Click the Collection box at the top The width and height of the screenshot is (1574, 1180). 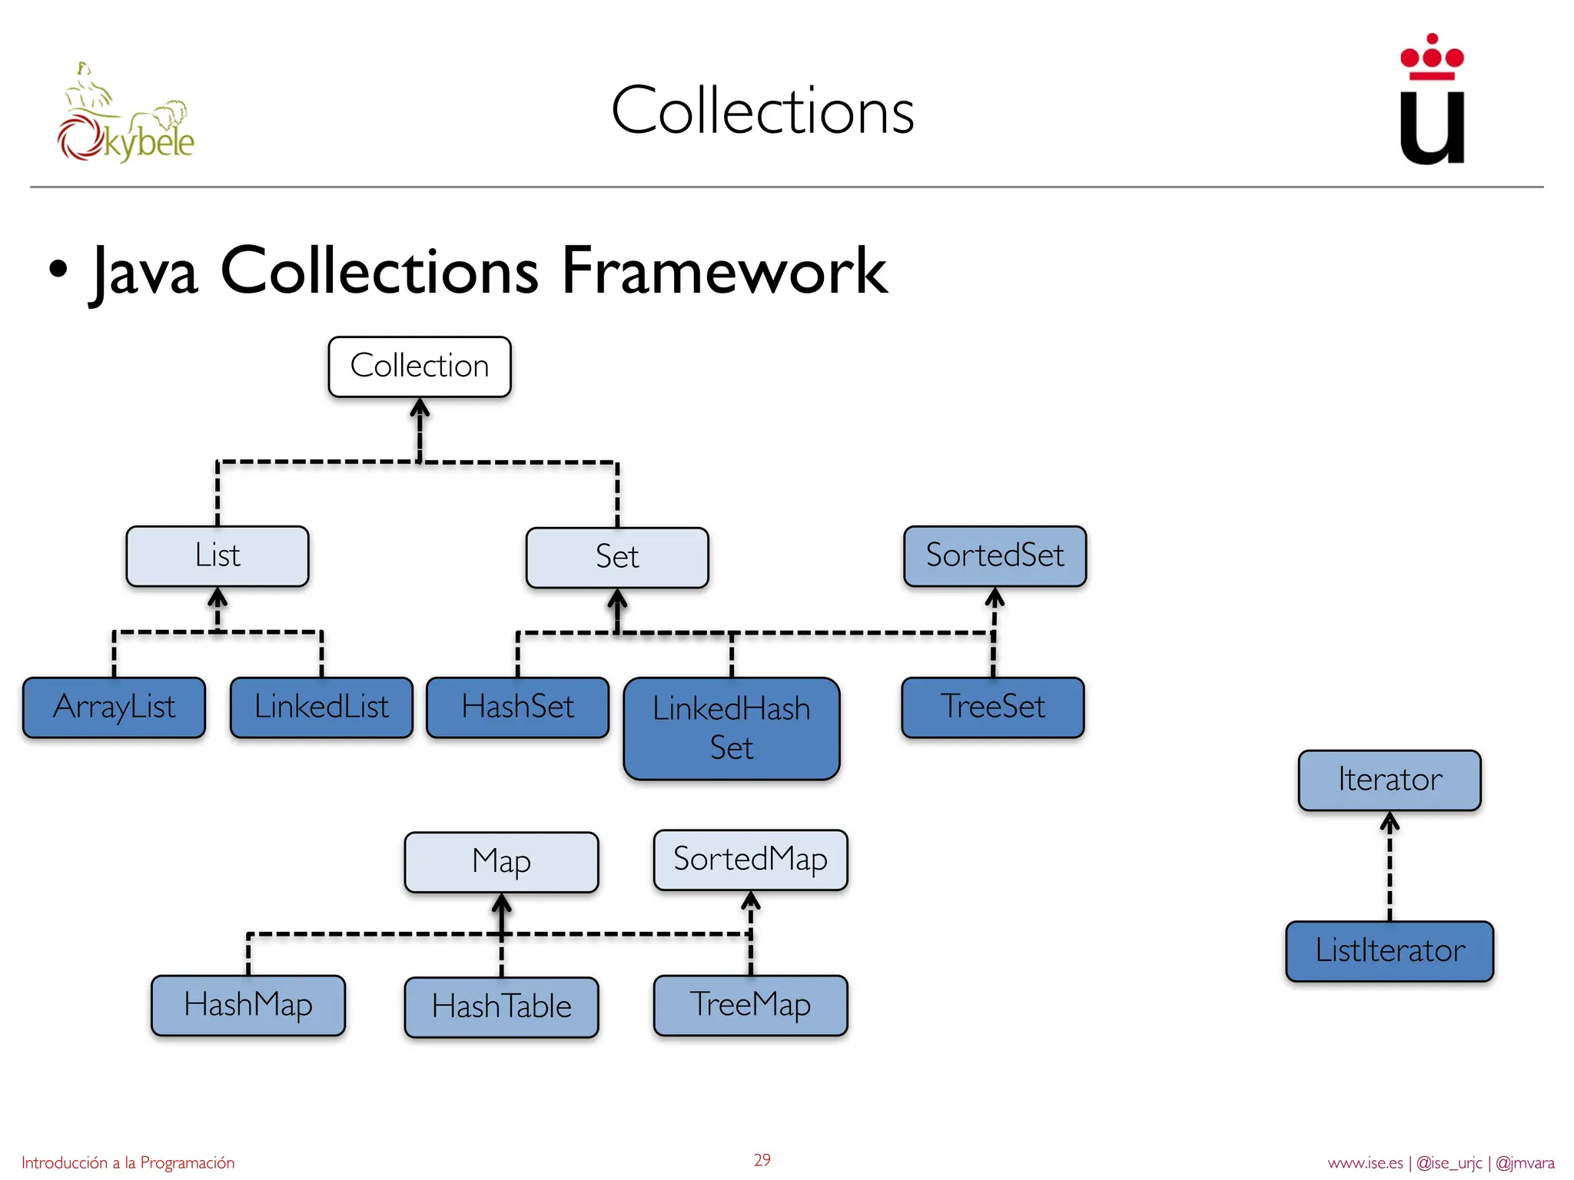pos(420,366)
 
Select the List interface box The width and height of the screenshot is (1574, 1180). pos(218,555)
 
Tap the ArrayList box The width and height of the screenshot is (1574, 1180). pos(115,707)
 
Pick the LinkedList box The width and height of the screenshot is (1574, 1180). pos(321,707)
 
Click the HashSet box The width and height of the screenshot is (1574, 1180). pos(517,707)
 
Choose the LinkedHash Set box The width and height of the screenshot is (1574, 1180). pos(732,728)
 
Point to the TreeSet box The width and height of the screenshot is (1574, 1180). pos(993,707)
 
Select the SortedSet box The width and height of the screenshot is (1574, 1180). pos(995,555)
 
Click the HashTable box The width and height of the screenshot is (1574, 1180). pos(501,1006)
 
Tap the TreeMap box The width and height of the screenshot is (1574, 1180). pos(750,1005)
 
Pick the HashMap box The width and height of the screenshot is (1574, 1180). pos(248,1005)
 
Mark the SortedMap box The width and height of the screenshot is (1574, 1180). pos(750,859)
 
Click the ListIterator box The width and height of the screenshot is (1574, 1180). pos(1390,950)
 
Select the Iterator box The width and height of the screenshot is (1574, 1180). pos(1390,780)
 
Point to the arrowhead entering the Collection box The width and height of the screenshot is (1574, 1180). pos(420,407)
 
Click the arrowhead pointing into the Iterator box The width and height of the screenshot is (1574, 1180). pos(1390,822)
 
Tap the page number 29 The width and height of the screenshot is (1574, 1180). pos(762,1160)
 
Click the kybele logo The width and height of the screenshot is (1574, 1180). pos(126,115)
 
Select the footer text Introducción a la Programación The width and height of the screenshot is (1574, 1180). pos(128,1162)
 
